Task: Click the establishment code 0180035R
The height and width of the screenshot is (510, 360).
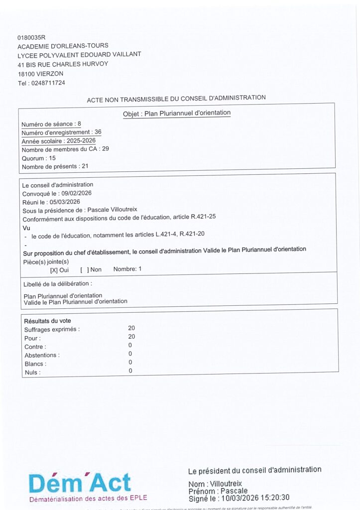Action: (x=31, y=37)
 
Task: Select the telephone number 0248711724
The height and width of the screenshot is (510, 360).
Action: (x=48, y=83)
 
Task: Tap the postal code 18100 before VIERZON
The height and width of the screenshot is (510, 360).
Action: (x=27, y=74)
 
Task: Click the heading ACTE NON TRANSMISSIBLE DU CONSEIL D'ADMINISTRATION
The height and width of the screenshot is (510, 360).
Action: (x=176, y=99)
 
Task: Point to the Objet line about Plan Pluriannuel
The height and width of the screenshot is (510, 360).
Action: (x=177, y=113)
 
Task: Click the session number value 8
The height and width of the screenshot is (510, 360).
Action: (x=79, y=124)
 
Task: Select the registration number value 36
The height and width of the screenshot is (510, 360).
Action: (x=98, y=132)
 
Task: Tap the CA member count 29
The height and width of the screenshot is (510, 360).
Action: (x=106, y=149)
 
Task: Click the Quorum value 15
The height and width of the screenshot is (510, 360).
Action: (x=53, y=158)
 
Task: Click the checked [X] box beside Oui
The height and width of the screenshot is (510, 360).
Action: (x=54, y=269)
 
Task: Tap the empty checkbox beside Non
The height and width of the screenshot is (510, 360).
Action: (x=85, y=269)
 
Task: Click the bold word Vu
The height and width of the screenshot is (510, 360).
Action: (x=27, y=228)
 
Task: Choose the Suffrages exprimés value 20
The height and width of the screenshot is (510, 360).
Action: (x=131, y=328)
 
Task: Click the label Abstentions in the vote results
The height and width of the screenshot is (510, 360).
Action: (x=41, y=355)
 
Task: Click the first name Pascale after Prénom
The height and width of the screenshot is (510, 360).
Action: (x=234, y=491)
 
